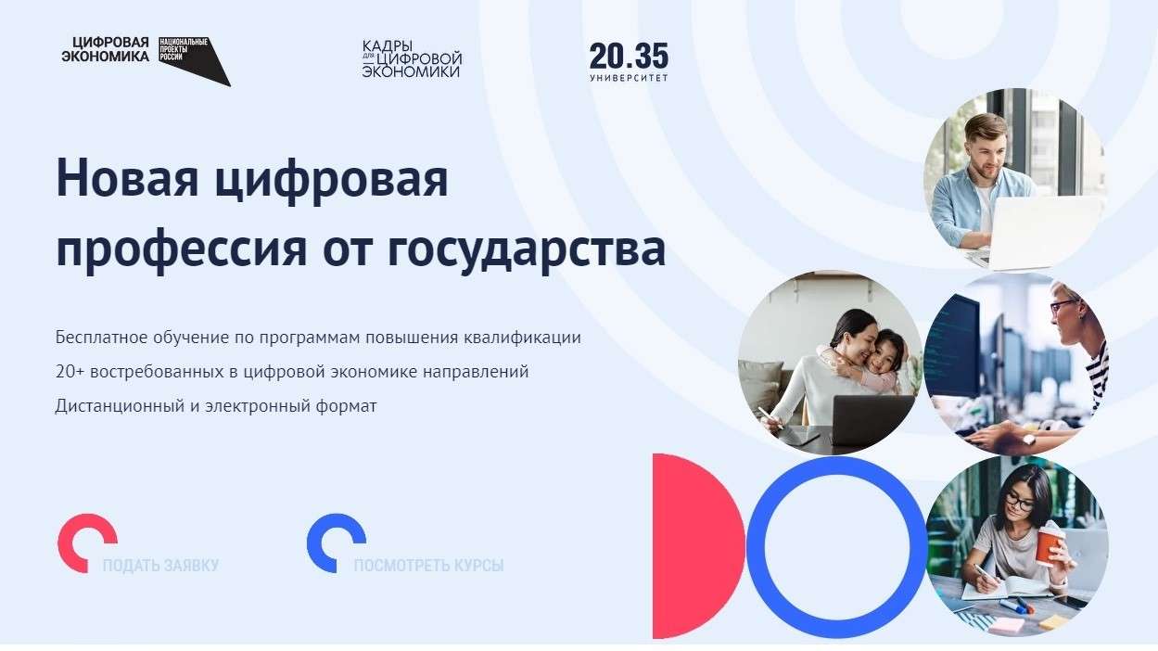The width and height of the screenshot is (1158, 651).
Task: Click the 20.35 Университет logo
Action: pyautogui.click(x=629, y=62)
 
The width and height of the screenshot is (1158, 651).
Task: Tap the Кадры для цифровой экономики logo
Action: pyautogui.click(x=412, y=59)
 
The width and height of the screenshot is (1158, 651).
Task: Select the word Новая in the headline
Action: pyautogui.click(x=127, y=178)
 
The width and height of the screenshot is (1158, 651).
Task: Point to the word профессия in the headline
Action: pyautogui.click(x=182, y=251)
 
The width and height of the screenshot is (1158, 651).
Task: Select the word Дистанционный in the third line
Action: pyautogui.click(x=120, y=406)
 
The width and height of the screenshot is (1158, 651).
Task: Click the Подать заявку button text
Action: pyautogui.click(x=160, y=565)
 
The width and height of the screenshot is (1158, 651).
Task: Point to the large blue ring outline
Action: pyautogui.click(x=755, y=546)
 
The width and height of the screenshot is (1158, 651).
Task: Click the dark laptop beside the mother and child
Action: pyautogui.click(x=872, y=420)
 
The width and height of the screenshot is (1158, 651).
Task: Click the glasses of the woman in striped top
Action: pyautogui.click(x=1064, y=306)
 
